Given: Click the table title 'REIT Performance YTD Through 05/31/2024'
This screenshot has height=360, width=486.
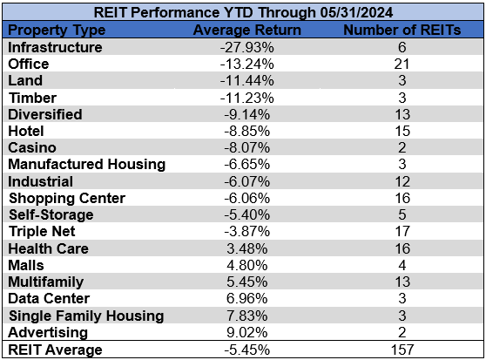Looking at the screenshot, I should coord(242,13).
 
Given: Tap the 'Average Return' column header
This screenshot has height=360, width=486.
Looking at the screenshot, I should coord(246,31).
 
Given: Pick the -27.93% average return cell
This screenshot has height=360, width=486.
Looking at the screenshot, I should coord(246,47).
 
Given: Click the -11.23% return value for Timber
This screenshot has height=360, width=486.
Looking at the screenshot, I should coord(246,98).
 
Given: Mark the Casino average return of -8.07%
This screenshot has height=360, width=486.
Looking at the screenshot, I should coord(246,148).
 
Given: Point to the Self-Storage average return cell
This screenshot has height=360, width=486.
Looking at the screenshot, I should coord(246,215).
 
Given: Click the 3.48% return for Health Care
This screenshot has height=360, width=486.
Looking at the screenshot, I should coord(246,248).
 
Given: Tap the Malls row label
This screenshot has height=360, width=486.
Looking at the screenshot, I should coord(26,266).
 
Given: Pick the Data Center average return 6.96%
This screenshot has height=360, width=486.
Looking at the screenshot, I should coord(246,299).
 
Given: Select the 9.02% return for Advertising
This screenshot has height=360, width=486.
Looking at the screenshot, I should coord(246,333).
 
